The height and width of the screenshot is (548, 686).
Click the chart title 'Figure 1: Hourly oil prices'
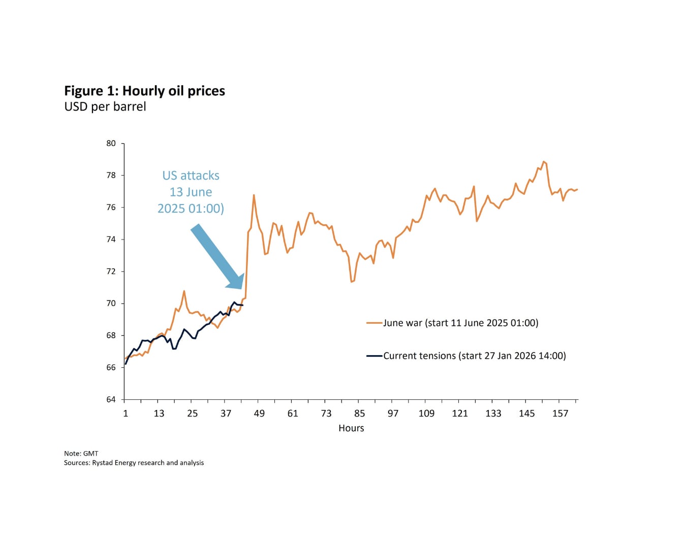tap(144, 91)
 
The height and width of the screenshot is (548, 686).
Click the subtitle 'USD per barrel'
tap(105, 107)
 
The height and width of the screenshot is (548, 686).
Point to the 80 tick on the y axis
tap(111, 144)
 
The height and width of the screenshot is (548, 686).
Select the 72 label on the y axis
tap(111, 271)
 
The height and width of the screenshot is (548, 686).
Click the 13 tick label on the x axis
tap(159, 414)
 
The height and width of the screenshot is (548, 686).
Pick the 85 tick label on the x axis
tap(359, 414)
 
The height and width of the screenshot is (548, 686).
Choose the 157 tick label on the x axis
tap(560, 414)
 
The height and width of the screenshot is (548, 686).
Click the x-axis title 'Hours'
tap(351, 428)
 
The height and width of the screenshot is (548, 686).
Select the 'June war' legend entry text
tap(460, 323)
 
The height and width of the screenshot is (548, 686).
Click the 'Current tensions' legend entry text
tap(474, 356)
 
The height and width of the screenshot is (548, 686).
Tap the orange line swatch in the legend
tap(375, 323)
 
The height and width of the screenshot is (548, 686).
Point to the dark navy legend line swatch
tap(375, 356)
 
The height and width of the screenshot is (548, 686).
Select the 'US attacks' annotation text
tap(191, 176)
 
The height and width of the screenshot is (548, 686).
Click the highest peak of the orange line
tap(543, 161)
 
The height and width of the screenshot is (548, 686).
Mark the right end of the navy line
tap(243, 305)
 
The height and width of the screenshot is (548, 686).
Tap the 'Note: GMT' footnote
tap(81, 454)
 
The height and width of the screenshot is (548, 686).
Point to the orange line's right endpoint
tap(577, 189)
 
